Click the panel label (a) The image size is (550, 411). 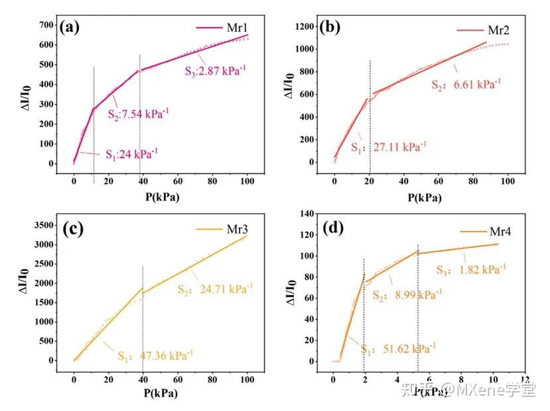tap(70, 27)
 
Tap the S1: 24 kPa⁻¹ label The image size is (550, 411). tap(131, 154)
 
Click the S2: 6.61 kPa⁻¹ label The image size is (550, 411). tap(466, 84)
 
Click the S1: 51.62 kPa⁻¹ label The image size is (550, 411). tap(398, 348)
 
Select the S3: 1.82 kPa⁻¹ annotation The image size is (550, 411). tap(471, 270)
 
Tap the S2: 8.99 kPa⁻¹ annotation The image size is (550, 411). tap(407, 293)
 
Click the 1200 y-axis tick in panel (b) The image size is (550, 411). tap(303, 27)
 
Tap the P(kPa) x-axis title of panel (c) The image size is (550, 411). tap(162, 392)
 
